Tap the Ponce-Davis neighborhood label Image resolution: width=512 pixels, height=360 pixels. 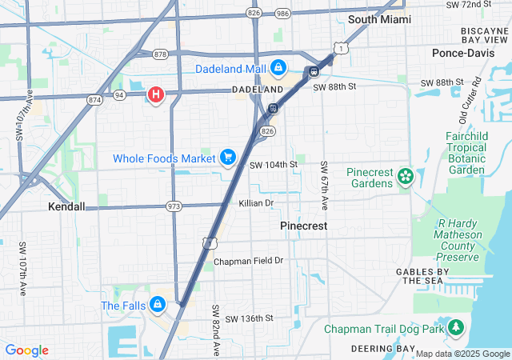tap(464, 53)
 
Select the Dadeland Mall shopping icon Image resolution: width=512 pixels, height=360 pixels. tap(278, 69)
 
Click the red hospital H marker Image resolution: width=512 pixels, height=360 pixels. tap(156, 95)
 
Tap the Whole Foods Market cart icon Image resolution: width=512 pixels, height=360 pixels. tap(228, 158)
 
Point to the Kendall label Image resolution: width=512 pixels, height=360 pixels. tap(66, 206)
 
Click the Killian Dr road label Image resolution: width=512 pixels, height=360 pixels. tap(256, 203)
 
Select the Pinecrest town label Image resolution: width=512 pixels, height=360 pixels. tap(304, 226)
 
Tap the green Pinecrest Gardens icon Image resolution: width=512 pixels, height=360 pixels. tap(405, 175)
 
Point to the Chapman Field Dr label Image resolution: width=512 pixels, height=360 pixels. tap(248, 262)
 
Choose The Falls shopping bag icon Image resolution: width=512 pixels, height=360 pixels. tap(158, 305)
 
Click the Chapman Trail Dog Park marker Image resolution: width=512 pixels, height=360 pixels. tap(456, 327)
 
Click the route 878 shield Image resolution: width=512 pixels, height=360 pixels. tap(160, 54)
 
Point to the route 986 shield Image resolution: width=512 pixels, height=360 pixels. tap(282, 14)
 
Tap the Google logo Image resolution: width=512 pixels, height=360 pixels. tap(26, 350)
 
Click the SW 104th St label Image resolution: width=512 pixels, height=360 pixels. tap(273, 165)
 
